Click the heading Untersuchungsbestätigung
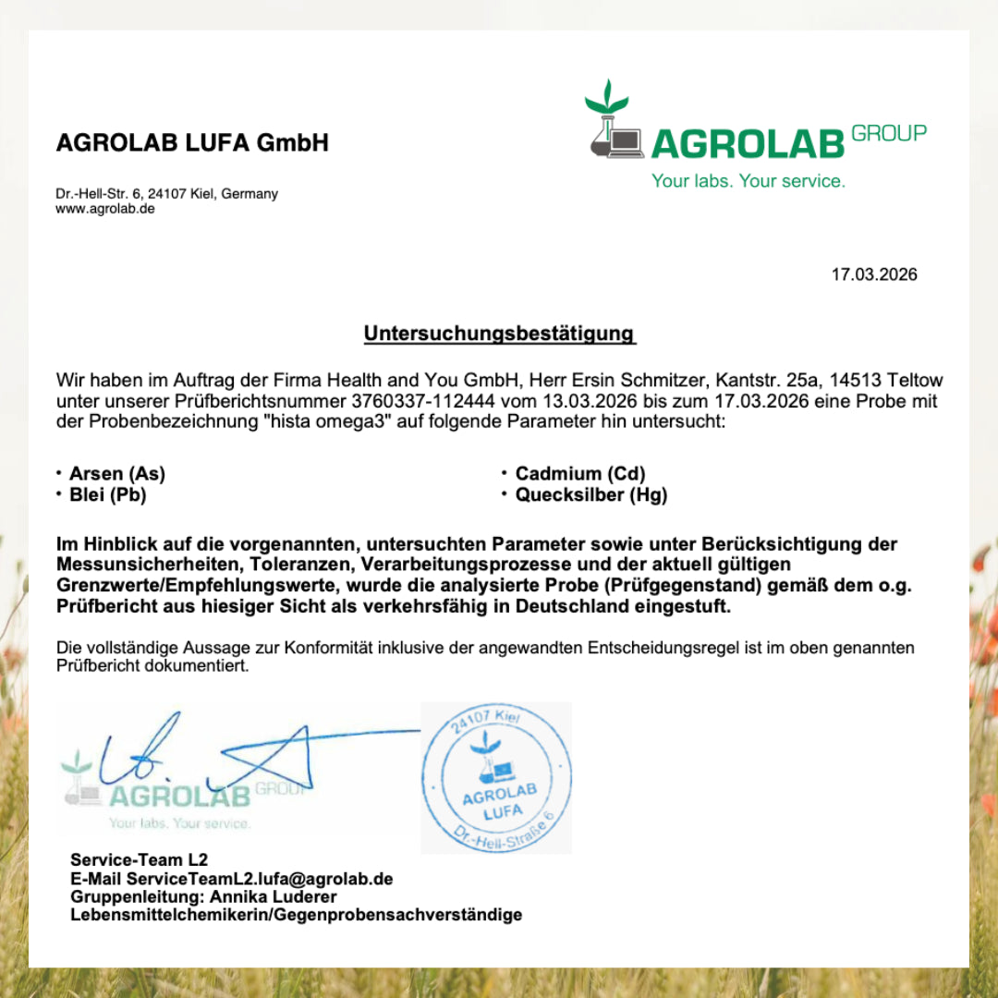(x=499, y=334)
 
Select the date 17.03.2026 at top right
(x=874, y=274)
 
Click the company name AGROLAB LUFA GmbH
(x=192, y=143)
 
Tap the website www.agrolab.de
(x=105, y=209)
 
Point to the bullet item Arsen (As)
(x=116, y=474)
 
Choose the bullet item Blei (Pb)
(x=107, y=494)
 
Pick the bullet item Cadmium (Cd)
(x=579, y=474)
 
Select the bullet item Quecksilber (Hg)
(x=590, y=494)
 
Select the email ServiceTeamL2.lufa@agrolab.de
(x=259, y=879)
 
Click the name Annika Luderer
(x=274, y=896)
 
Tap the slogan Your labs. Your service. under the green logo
(x=748, y=181)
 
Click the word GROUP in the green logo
(x=888, y=134)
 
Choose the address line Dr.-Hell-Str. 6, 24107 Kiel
(x=166, y=194)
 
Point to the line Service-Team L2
(x=139, y=860)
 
